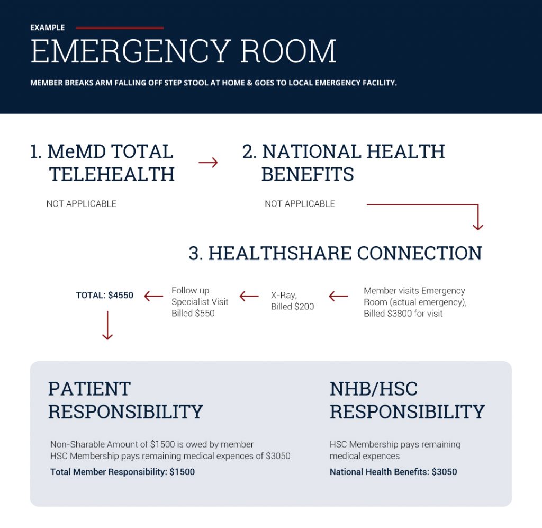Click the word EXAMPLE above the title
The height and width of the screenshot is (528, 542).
point(47,28)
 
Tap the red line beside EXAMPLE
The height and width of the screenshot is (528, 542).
point(120,28)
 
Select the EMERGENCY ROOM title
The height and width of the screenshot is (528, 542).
point(183,52)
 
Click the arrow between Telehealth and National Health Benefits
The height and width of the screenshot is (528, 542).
point(208,162)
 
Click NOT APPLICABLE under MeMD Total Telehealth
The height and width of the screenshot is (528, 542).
point(82,204)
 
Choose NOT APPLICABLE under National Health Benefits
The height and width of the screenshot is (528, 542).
point(300,204)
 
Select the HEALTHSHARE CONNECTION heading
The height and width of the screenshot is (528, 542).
point(335,253)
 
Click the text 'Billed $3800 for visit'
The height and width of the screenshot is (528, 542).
point(403,314)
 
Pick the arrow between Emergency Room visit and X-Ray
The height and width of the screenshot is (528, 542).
point(338,297)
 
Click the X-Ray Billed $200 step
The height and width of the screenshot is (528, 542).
point(292,301)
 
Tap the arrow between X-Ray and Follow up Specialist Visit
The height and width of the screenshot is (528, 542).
point(249,297)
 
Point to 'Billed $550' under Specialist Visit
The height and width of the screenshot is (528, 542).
point(193,314)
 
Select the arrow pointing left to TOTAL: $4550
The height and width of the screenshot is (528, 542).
point(153,297)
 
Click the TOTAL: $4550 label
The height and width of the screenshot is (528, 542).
point(105,296)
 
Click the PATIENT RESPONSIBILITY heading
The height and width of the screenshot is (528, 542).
point(125,400)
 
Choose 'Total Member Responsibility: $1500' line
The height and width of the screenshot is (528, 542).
point(122,472)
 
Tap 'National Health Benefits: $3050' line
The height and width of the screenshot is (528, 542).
point(393,472)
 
